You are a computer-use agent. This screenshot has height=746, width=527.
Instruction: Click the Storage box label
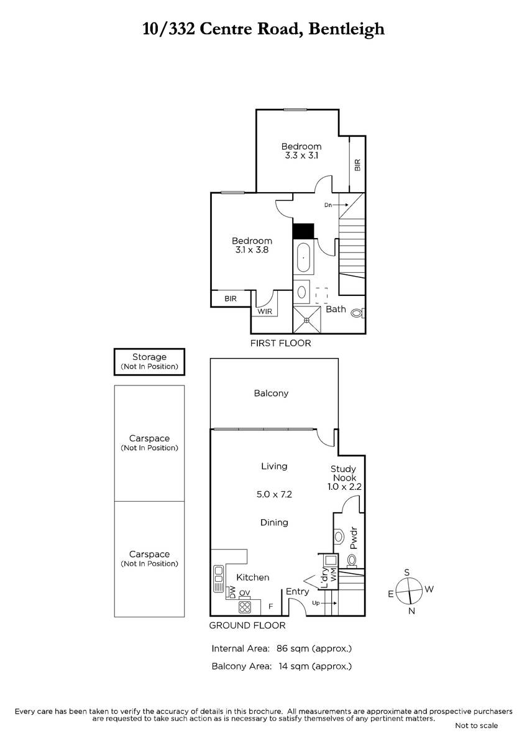coord(149,357)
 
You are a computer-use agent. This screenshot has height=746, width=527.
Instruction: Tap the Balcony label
coord(271,394)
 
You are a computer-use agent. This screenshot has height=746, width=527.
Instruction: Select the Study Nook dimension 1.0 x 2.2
coord(344,487)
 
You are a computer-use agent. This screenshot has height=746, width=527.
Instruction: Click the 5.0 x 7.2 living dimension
coord(274,494)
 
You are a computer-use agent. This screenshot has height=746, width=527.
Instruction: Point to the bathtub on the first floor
coord(303,258)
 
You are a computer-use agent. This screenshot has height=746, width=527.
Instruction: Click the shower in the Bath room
coord(307,320)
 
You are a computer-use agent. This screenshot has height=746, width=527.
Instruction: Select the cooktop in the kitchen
coord(245,607)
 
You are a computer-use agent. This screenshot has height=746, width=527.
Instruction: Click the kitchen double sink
coord(218,578)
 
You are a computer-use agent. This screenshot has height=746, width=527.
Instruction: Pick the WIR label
coord(265,311)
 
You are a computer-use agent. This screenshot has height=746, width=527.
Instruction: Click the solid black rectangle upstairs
coord(303,231)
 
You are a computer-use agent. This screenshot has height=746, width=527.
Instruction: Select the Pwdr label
coord(354,538)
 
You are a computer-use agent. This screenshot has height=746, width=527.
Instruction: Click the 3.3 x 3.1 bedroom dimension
coord(301,155)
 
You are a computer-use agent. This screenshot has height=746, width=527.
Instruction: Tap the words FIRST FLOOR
coord(281,343)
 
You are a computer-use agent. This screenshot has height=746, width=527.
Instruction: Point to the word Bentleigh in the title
coord(347,29)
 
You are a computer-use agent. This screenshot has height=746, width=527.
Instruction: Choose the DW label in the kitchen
coord(232,591)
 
